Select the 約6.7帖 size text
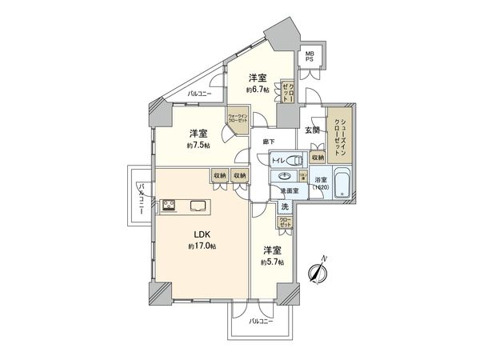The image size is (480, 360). pos(257,90)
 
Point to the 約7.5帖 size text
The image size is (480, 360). pos(198,146)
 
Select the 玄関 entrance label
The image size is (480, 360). pos(312,130)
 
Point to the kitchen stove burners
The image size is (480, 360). pos(170,206)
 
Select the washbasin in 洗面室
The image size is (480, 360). pos(286,177)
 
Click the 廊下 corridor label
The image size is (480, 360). pos(269,142)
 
